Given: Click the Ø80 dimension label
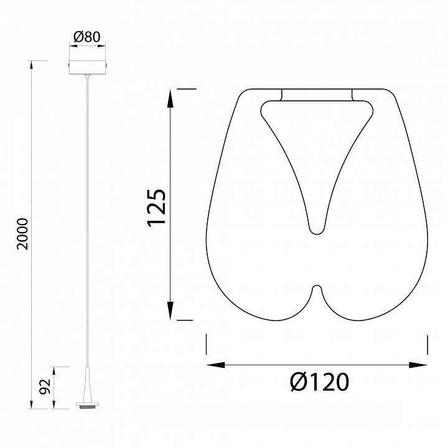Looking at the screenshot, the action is (87, 37).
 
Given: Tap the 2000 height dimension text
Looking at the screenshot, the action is (22, 234).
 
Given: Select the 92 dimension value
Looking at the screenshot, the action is (45, 386).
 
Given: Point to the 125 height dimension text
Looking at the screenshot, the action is (157, 207).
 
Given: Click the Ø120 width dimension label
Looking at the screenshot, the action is (319, 381).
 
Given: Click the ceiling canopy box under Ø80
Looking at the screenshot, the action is (88, 67).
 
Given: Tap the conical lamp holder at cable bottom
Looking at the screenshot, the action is (87, 385).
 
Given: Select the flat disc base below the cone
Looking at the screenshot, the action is (87, 405).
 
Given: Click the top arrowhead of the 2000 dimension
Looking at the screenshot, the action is (32, 65).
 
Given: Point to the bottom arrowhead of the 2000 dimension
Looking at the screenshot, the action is (32, 404).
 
